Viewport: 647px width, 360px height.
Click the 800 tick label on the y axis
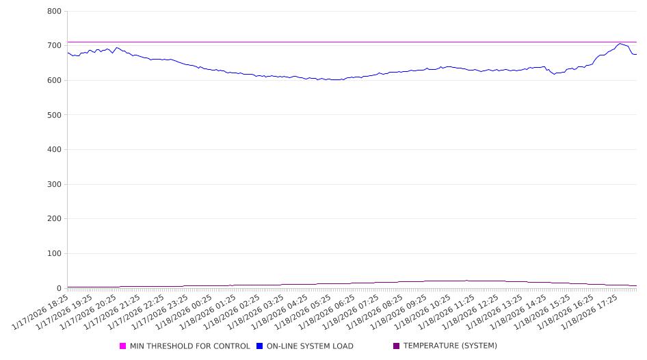pyautogui.click(x=55, y=12)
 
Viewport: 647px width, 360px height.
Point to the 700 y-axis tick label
pyautogui.click(x=55, y=46)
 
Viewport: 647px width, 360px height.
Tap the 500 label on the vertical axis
pyautogui.click(x=55, y=115)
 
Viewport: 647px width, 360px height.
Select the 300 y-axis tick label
pyautogui.click(x=55, y=185)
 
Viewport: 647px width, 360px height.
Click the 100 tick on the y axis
pyautogui.click(x=55, y=254)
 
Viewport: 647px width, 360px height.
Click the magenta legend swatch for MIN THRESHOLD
pyautogui.click(x=123, y=346)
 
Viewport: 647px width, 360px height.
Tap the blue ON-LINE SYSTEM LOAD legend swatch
pyautogui.click(x=260, y=346)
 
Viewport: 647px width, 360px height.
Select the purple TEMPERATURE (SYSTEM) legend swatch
pyautogui.click(x=397, y=346)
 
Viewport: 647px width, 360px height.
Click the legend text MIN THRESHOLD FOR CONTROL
pyautogui.click(x=190, y=346)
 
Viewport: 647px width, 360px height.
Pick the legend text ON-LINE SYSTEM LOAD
pyautogui.click(x=310, y=346)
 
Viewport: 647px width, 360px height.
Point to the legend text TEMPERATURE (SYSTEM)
pyautogui.click(x=450, y=346)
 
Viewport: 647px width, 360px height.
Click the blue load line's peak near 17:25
pyautogui.click(x=620, y=44)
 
